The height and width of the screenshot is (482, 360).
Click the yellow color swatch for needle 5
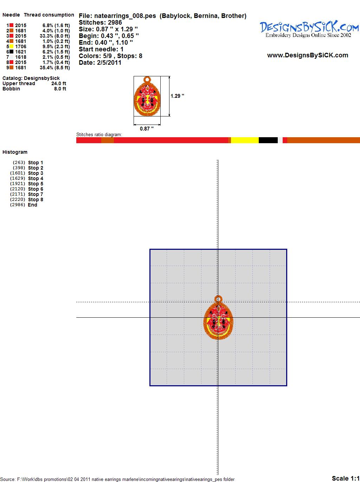click(x=11, y=46)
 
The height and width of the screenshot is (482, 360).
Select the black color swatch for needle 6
click(x=11, y=52)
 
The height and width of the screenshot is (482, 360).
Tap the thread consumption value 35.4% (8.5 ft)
click(x=55, y=68)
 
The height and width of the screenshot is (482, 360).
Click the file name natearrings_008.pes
click(x=125, y=16)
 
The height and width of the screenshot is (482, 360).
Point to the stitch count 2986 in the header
click(x=115, y=23)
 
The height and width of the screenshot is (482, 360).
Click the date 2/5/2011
click(x=109, y=63)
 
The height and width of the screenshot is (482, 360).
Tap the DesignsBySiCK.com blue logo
click(x=309, y=27)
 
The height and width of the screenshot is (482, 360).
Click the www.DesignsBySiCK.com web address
click(x=308, y=55)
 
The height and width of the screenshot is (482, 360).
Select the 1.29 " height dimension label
click(x=177, y=96)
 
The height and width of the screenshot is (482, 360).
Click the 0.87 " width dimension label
click(x=147, y=129)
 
